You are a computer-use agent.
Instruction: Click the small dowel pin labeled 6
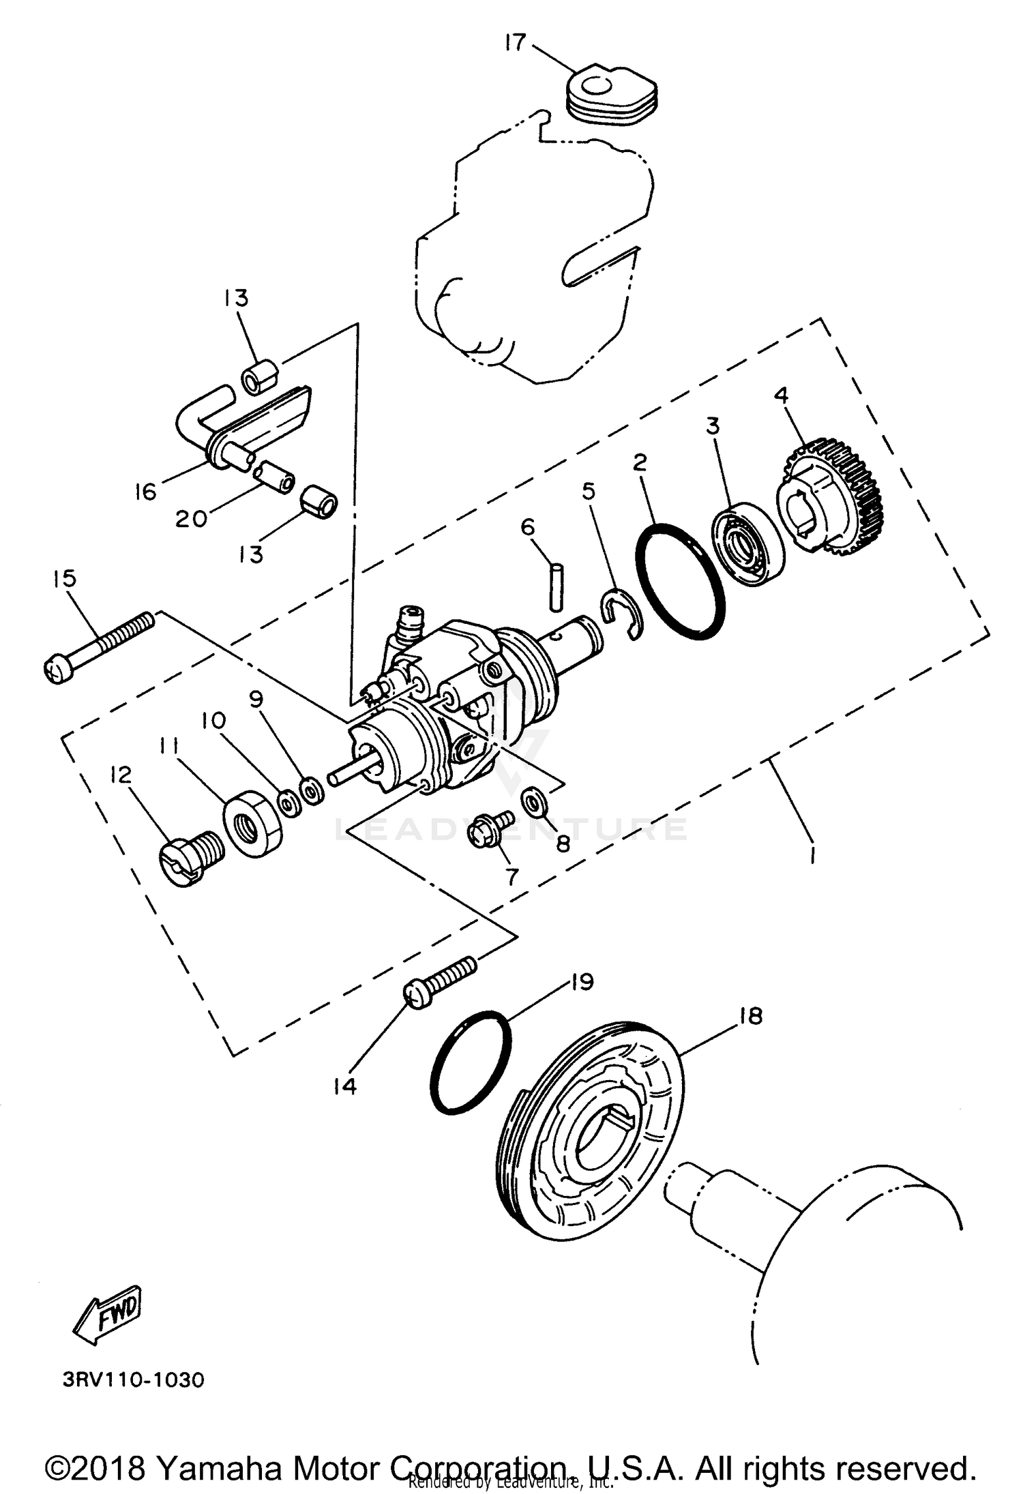click(556, 585)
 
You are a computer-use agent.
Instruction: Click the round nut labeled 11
click(253, 824)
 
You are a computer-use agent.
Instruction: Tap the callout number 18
click(750, 1017)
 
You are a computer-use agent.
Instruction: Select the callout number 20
click(191, 519)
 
